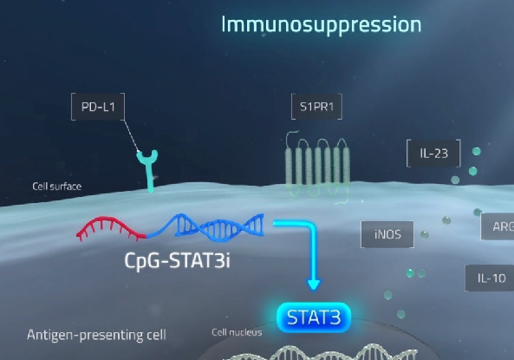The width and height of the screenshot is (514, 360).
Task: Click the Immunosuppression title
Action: coord(322,25)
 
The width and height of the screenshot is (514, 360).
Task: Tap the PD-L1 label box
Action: coord(98,107)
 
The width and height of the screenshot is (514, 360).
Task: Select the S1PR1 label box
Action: coord(316,107)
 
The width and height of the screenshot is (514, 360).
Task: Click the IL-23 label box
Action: coord(433,154)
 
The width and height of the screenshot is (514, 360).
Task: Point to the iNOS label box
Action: coord(387,234)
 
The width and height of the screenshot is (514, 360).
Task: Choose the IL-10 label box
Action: coord(490,278)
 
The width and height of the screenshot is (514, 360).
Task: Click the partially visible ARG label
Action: coord(498,226)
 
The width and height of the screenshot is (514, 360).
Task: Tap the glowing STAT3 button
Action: coord(314,317)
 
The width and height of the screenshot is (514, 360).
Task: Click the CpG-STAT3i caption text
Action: coord(178,261)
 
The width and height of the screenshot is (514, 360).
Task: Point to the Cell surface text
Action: coord(56,187)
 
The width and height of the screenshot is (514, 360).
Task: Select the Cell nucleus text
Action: coord(237,332)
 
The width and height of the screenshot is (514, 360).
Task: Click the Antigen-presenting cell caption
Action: coord(96,335)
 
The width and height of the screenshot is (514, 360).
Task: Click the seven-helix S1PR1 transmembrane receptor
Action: coord(317,167)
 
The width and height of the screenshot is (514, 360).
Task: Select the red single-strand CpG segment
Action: coord(112,227)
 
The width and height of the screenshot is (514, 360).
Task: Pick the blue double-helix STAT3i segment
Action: coord(205,226)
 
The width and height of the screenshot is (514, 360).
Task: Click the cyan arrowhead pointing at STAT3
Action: coord(314,285)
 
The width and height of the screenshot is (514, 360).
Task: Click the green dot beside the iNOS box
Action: coord(425,234)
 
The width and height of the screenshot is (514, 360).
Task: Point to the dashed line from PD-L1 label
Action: coord(131,136)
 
